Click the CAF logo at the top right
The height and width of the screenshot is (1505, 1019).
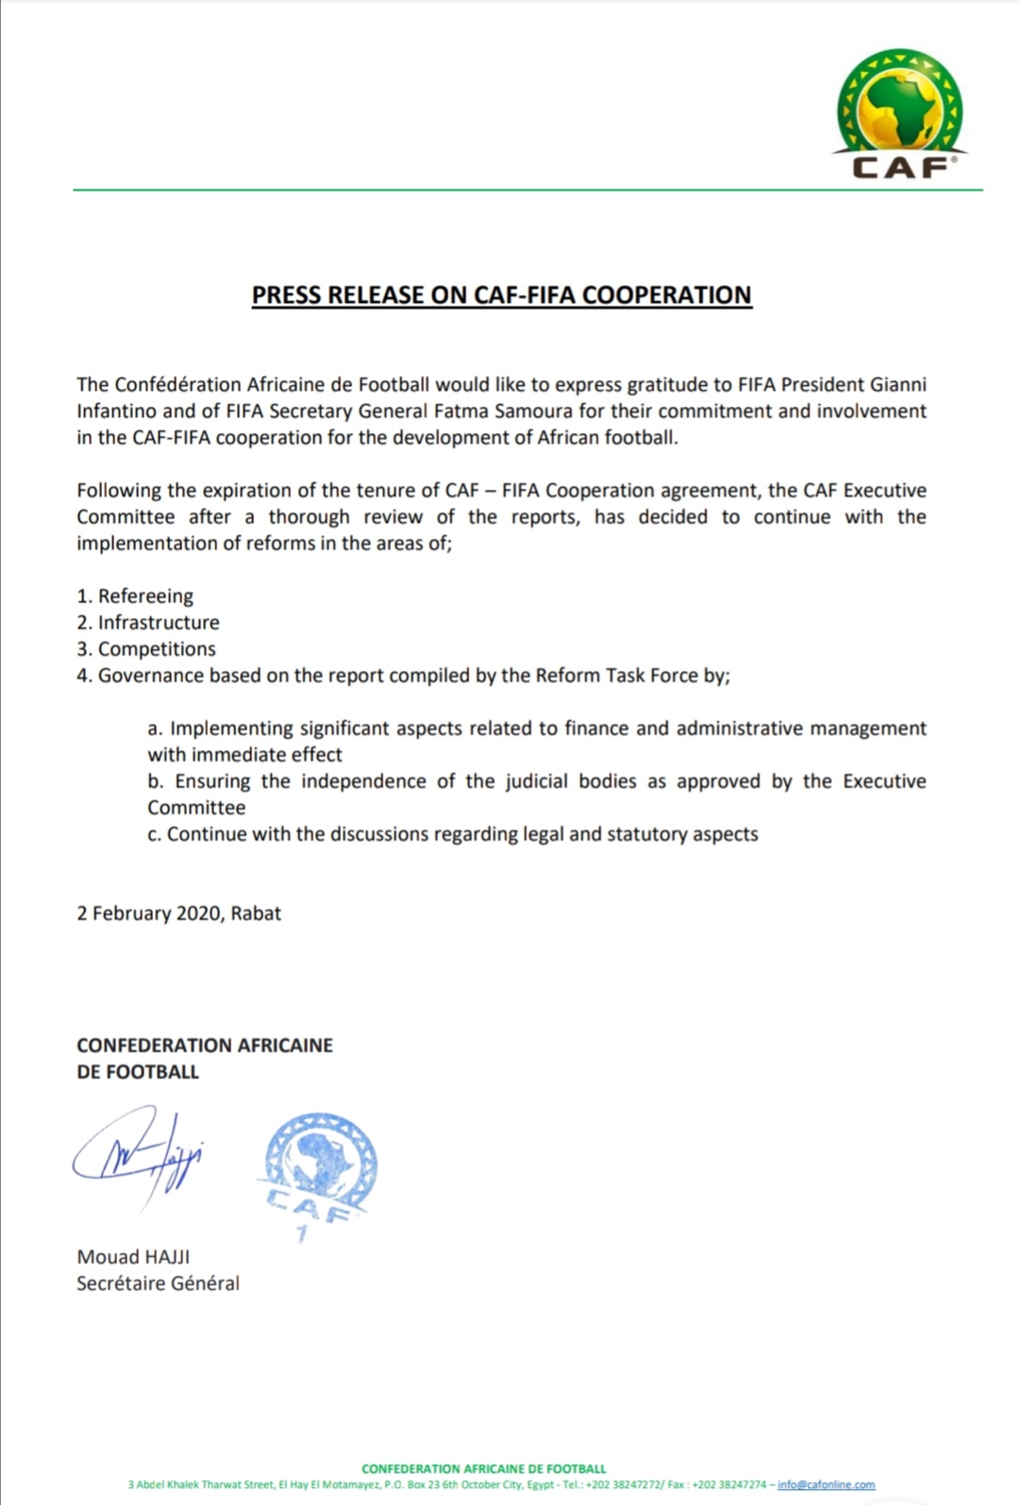point(900,114)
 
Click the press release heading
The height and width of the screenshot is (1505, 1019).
point(501,295)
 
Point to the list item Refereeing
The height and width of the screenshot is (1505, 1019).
point(145,596)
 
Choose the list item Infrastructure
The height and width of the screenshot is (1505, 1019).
point(159,623)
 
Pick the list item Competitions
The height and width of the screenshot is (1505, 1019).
point(157,649)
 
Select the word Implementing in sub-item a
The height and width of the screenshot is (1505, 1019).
point(232,728)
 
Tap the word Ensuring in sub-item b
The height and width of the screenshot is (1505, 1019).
point(212,781)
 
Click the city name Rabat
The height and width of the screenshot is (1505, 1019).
point(256,913)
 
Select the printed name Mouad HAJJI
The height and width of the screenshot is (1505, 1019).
point(133,1257)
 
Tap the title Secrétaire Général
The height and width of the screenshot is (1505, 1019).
point(158,1283)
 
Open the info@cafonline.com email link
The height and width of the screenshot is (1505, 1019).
point(826,1484)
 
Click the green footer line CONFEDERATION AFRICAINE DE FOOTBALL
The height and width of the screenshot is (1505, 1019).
point(483,1468)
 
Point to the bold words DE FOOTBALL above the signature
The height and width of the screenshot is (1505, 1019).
point(138,1072)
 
